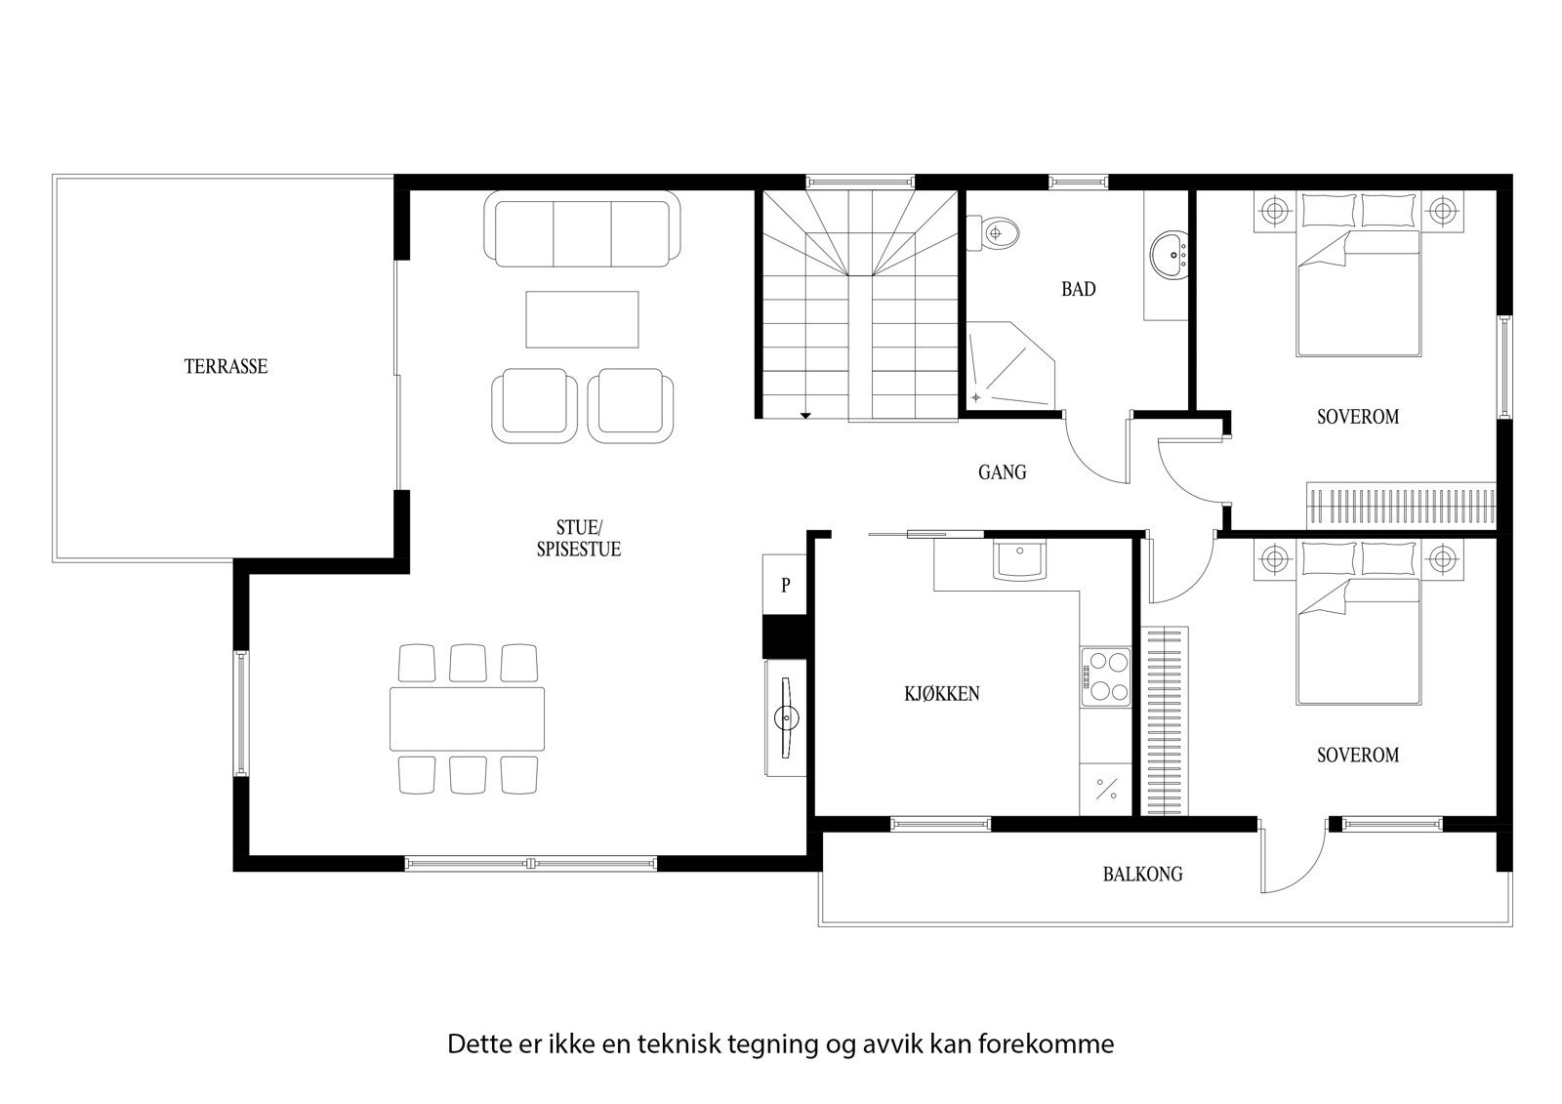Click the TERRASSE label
tap(226, 367)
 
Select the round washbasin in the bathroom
tap(1167, 256)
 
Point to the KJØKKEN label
tap(941, 694)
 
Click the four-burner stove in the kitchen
tap(1105, 676)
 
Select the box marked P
tap(784, 586)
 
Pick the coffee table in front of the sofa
tap(582, 318)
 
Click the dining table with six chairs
tap(467, 718)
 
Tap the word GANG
tap(1002, 472)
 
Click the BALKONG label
tap(1142, 874)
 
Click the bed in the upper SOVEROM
tap(1357, 293)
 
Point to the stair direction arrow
tap(805, 416)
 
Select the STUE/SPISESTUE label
tap(578, 540)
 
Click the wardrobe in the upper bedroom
tap(1400, 506)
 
